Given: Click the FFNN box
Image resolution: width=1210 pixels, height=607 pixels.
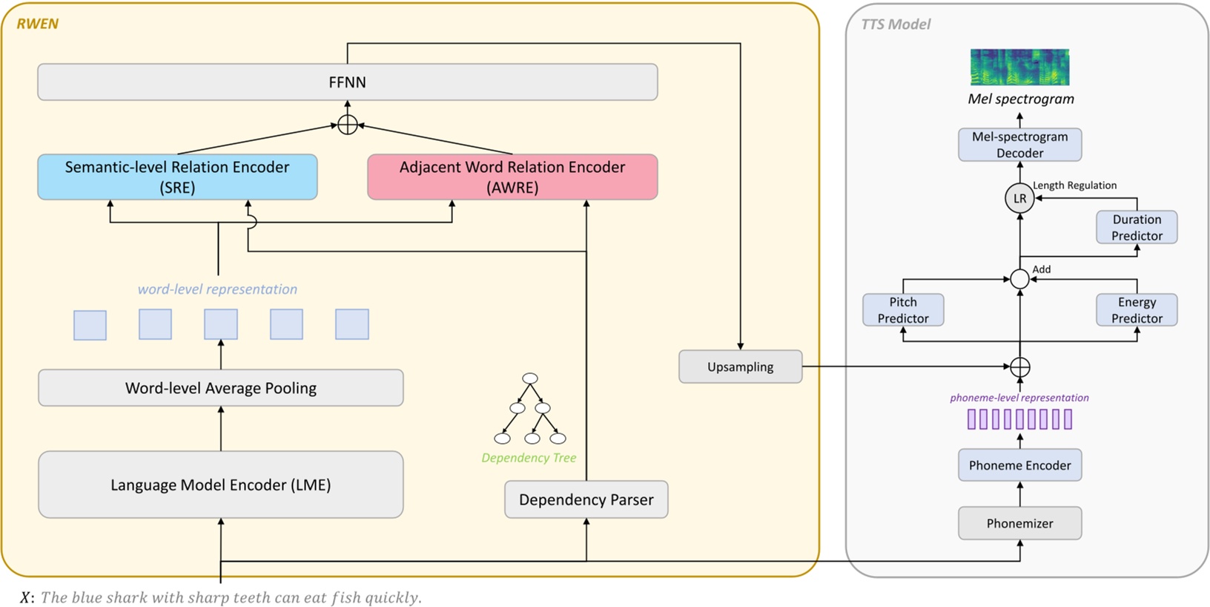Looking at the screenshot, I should (x=347, y=82).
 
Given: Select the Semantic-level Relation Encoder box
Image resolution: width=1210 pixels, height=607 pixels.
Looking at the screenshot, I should (x=177, y=177).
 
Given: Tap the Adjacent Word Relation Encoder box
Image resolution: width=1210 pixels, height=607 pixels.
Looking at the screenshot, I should (x=512, y=177).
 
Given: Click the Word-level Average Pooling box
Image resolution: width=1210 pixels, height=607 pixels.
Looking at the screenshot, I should (x=221, y=388).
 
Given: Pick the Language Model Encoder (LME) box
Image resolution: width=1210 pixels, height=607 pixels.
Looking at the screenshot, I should (x=221, y=485).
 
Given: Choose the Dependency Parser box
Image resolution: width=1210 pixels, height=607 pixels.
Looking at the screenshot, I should (x=586, y=499).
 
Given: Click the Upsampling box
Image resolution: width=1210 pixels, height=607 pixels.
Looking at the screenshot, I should (x=740, y=367).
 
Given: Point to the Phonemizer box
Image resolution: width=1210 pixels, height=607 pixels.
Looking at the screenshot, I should (x=1019, y=523).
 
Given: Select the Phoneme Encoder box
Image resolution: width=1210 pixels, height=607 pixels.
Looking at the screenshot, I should (x=1019, y=465).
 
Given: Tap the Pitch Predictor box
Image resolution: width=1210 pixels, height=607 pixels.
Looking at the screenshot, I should (x=903, y=310).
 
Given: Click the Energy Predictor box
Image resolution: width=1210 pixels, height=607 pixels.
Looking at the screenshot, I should (x=1137, y=310).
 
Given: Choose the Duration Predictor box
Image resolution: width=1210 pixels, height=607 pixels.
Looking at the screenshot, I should (x=1137, y=227).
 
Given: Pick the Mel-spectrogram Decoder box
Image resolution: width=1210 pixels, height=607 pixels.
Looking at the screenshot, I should (x=1019, y=145).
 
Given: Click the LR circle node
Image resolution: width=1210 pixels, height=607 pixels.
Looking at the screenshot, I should (x=1019, y=199).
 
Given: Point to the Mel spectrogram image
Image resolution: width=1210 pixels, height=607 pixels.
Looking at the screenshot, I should (x=1019, y=68).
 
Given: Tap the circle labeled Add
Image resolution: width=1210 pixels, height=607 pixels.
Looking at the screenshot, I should (x=1019, y=279).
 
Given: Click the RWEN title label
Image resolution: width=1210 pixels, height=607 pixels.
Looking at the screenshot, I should (x=37, y=24).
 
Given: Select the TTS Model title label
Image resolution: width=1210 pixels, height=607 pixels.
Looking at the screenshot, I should (x=896, y=24).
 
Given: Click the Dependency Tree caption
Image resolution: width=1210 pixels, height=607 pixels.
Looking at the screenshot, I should (x=529, y=458).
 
